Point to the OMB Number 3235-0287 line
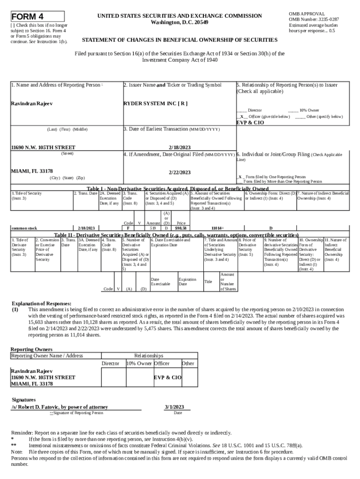314,19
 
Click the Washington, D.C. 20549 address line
180,22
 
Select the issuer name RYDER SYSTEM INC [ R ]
155,103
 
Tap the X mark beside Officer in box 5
242,116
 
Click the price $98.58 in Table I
181,228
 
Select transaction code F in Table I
128,228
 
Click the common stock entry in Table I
24,228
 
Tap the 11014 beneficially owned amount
217,228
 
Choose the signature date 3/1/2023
174,406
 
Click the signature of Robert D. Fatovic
60,407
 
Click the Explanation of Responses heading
42,304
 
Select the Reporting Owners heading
31,349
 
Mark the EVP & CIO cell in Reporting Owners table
168,377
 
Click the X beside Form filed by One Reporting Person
240,177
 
